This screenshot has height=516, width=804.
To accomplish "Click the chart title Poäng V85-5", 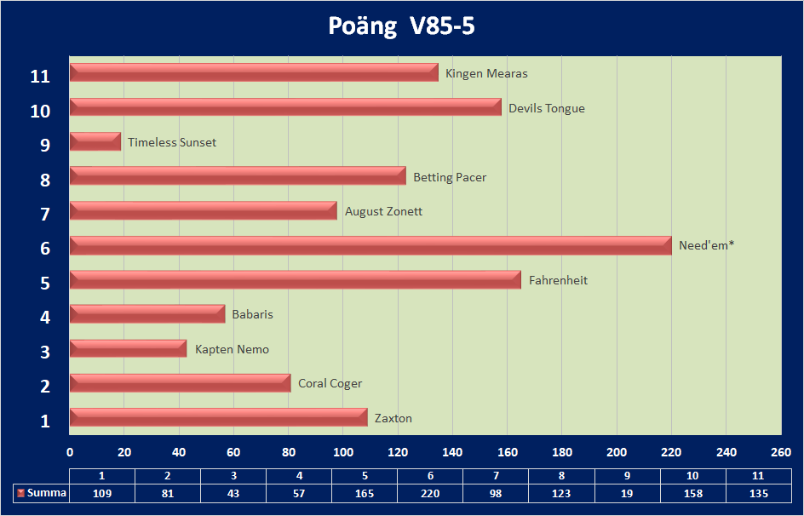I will tap(401, 26).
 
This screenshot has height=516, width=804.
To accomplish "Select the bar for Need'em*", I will tap(370, 245).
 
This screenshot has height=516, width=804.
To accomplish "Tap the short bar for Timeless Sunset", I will tap(95, 141).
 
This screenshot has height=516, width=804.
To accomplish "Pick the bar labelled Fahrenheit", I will tap(295, 279).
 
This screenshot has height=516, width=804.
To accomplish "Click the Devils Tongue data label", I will tap(547, 108).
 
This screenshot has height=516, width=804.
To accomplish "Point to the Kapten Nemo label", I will tap(232, 349).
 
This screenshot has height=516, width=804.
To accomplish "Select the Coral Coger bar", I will tap(180, 383).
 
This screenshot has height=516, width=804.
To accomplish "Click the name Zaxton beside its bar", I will tap(393, 418).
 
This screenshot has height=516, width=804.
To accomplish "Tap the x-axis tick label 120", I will tap(398, 451).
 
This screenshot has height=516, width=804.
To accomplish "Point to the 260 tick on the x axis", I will tap(781, 451).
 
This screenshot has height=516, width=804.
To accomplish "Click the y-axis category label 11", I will tap(40, 77).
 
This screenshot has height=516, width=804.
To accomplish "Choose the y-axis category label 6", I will tap(44, 249).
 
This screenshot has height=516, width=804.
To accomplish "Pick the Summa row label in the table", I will tap(47, 493).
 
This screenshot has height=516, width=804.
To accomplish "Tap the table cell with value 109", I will tap(102, 493).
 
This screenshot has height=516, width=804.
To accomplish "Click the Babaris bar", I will tap(147, 314).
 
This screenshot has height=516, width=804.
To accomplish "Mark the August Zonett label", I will tap(383, 211).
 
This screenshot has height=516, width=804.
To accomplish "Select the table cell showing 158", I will tap(693, 493).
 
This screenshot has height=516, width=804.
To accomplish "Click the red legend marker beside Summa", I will tap(20, 493).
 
